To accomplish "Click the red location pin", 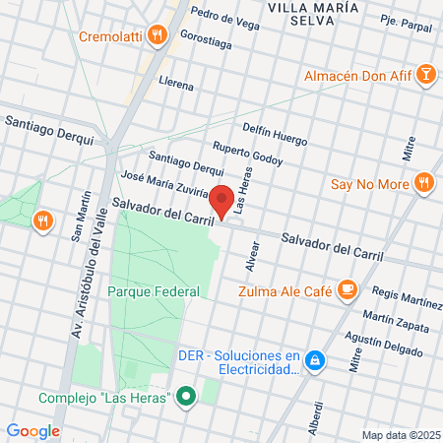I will pos(223,201).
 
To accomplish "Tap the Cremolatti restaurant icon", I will pos(158,36).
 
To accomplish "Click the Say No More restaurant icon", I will pos(424,182).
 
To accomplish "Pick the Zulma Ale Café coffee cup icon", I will pos(347,288).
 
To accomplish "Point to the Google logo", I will pos(32,430).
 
